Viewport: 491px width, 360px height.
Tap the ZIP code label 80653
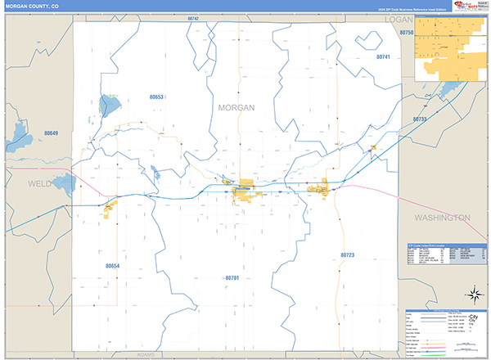point(157,97)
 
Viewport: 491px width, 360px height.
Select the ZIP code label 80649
point(52,133)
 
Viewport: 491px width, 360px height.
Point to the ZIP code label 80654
point(113,266)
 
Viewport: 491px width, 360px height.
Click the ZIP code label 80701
point(232,278)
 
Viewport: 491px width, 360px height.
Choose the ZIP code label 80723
point(347,256)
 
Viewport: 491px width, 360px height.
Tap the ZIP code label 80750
point(407,32)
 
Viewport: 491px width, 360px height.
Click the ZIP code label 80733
point(420,119)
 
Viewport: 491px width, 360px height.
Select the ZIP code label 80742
point(192,18)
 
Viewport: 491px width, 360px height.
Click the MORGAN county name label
point(236,107)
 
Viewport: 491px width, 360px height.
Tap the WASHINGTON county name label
point(442,218)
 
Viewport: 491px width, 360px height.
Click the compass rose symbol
point(473,294)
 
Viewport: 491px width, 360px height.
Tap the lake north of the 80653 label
point(108,105)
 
